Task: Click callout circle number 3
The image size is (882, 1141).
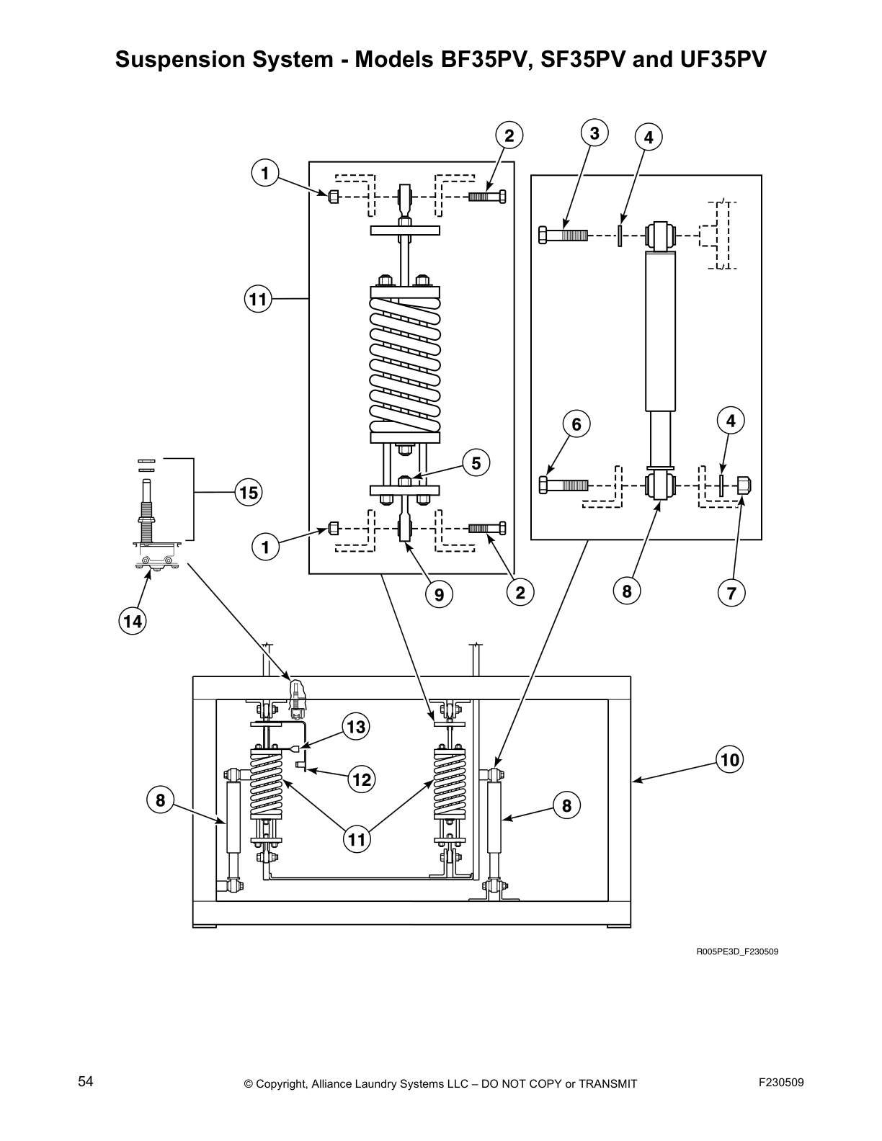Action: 594,134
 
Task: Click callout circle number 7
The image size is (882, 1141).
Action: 731,594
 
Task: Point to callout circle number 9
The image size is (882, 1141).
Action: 439,594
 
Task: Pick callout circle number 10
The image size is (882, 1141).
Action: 730,760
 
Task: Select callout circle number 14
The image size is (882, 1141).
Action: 133,620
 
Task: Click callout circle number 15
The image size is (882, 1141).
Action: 249,493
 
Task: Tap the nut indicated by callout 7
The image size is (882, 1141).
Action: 744,486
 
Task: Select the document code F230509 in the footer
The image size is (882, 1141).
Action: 781,1083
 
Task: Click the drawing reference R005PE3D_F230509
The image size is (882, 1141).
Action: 736,952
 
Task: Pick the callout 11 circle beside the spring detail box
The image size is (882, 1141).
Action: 257,298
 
